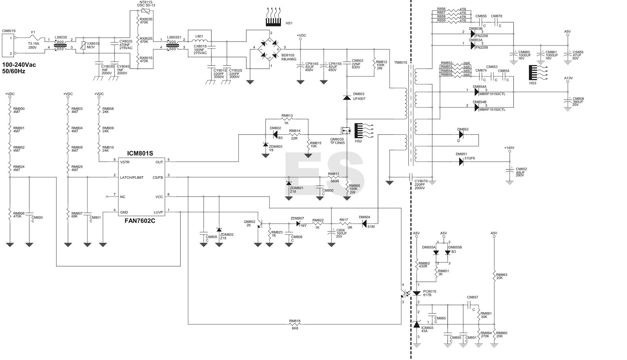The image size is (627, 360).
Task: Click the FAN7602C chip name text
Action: tap(140, 221)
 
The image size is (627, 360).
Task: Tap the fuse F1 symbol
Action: tap(34, 38)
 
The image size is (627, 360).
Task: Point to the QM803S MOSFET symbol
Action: tap(345, 130)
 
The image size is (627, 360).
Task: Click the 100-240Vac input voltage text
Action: tap(19, 65)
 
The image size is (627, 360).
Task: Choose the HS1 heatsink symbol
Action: tap(273, 17)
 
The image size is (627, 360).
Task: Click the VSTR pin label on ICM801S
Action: tap(125, 162)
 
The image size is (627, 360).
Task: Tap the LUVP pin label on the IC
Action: tap(158, 212)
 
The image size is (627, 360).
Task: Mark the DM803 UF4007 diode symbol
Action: tap(347, 98)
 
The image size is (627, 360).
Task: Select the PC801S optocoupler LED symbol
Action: tap(417, 293)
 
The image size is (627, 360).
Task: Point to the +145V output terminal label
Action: tap(509, 148)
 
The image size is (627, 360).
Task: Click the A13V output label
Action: tap(568, 78)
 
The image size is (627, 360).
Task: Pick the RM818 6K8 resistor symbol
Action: tap(295, 324)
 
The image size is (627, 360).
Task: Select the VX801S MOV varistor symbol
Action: tap(83, 45)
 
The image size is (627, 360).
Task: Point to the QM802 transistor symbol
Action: tap(259, 224)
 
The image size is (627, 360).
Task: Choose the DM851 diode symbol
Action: tap(461, 162)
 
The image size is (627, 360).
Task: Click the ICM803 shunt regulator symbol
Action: tap(417, 324)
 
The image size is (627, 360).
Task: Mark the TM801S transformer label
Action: tap(400, 62)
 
